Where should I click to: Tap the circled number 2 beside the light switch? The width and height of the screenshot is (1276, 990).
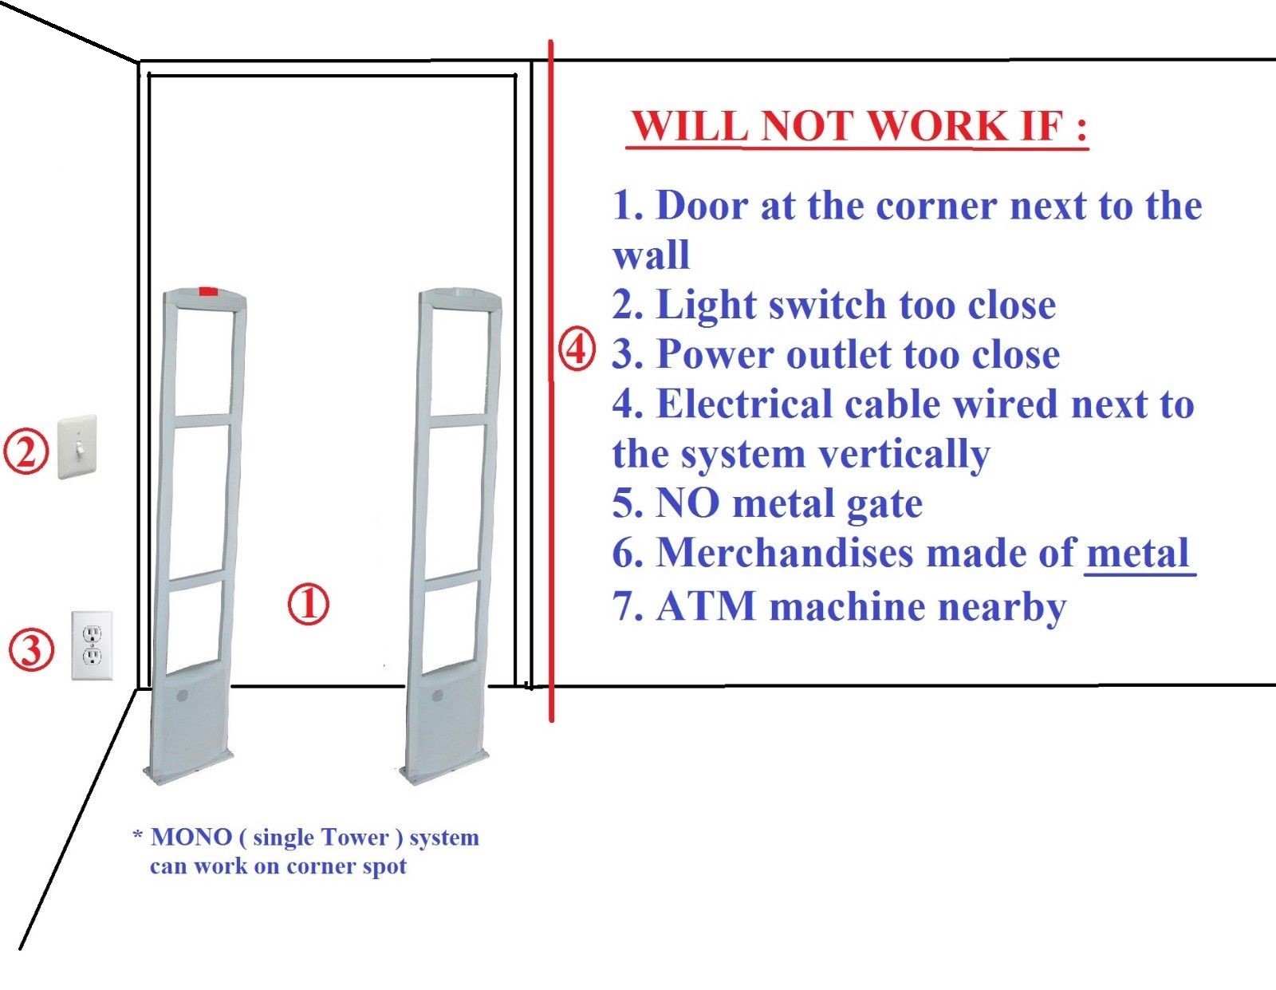pyautogui.click(x=26, y=452)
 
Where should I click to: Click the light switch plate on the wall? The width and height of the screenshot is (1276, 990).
pyautogui.click(x=77, y=447)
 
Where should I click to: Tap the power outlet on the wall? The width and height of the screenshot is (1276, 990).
pyautogui.click(x=92, y=645)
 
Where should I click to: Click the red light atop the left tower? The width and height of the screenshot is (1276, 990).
pyautogui.click(x=207, y=292)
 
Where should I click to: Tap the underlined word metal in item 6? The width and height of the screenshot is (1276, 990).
pyautogui.click(x=1138, y=553)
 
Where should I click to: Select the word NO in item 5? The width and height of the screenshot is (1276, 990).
pyautogui.click(x=687, y=503)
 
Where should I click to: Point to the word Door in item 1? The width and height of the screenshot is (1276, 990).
pyautogui.click(x=701, y=206)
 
